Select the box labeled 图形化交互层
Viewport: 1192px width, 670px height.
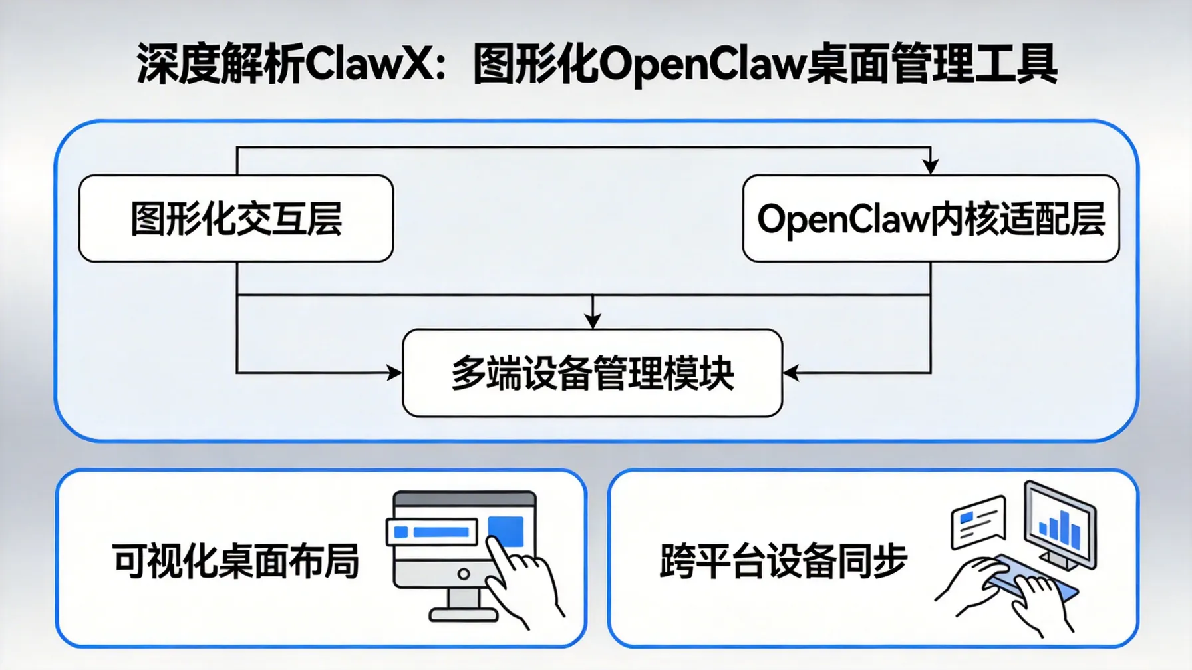pyautogui.click(x=236, y=219)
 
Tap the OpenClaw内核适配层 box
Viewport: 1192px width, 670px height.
pyautogui.click(x=931, y=219)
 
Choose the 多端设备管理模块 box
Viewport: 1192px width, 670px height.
pyautogui.click(x=592, y=373)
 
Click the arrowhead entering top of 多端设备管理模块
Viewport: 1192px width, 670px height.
pyautogui.click(x=593, y=321)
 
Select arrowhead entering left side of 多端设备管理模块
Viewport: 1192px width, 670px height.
pyautogui.click(x=394, y=373)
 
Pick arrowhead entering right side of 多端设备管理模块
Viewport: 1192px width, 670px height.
pyautogui.click(x=791, y=373)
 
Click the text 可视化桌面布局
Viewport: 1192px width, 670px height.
pyautogui.click(x=236, y=561)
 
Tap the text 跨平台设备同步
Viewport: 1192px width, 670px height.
pyautogui.click(x=783, y=561)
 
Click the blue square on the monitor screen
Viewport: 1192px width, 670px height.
pyautogui.click(x=506, y=530)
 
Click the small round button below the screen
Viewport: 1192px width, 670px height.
pyautogui.click(x=464, y=574)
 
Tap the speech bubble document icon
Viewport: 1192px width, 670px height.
pyautogui.click(x=977, y=523)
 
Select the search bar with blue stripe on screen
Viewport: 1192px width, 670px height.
pyautogui.click(x=432, y=532)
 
